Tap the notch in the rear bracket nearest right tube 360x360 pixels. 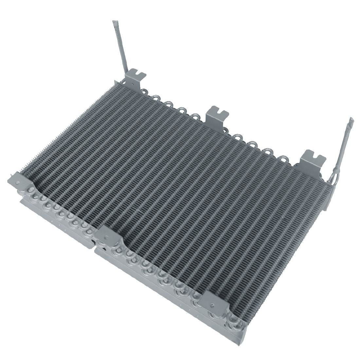click(315, 157)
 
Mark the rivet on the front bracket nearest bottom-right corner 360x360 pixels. click(212, 305)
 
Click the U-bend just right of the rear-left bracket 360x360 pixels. click(156, 98)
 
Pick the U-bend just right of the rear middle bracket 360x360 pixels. click(236, 135)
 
